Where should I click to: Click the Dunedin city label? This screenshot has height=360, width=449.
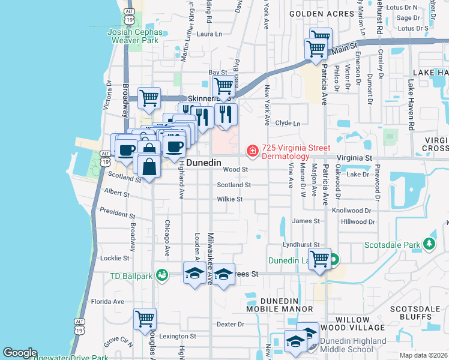[x=204, y=163]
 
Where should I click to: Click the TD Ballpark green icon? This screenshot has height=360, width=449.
[x=161, y=275]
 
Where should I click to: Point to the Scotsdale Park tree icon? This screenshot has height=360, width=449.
[x=429, y=244]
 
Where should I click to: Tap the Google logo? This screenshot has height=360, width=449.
[x=20, y=353]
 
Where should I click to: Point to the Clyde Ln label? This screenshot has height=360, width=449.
[x=288, y=123]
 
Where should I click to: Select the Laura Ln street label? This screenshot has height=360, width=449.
[x=209, y=34]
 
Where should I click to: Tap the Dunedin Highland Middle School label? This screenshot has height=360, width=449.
[x=354, y=345]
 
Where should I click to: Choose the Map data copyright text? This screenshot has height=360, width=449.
[x=423, y=355]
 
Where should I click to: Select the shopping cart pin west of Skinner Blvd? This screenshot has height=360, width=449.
[x=149, y=97]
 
